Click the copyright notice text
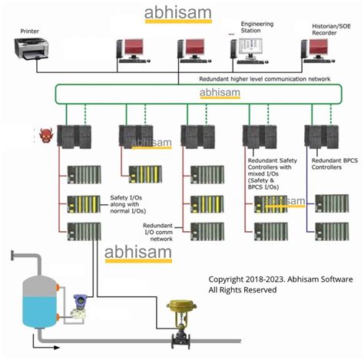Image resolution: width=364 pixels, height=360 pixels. [280, 284]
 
